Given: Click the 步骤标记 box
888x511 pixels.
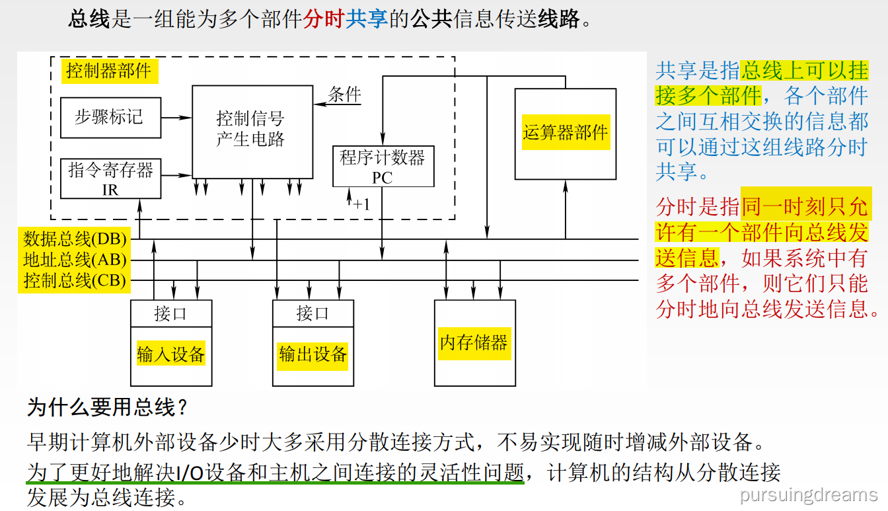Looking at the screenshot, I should point(110,118).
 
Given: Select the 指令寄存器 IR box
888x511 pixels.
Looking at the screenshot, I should point(110,178).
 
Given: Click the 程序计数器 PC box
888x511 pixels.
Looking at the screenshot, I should point(383,167).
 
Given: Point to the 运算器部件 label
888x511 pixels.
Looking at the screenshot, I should point(565,132).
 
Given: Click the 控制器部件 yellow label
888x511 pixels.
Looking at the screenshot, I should point(109,71).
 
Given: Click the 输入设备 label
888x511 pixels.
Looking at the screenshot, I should point(171,354).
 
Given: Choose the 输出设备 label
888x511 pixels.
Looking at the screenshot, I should point(313,354).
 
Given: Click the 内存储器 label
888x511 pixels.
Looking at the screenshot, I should point(474,342).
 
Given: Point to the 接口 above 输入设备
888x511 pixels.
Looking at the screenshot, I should point(171,313).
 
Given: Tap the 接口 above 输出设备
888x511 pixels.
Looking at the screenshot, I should point(313,313).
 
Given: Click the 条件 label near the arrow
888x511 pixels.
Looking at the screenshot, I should point(345,95).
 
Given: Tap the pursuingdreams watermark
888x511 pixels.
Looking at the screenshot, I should point(809,494).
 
